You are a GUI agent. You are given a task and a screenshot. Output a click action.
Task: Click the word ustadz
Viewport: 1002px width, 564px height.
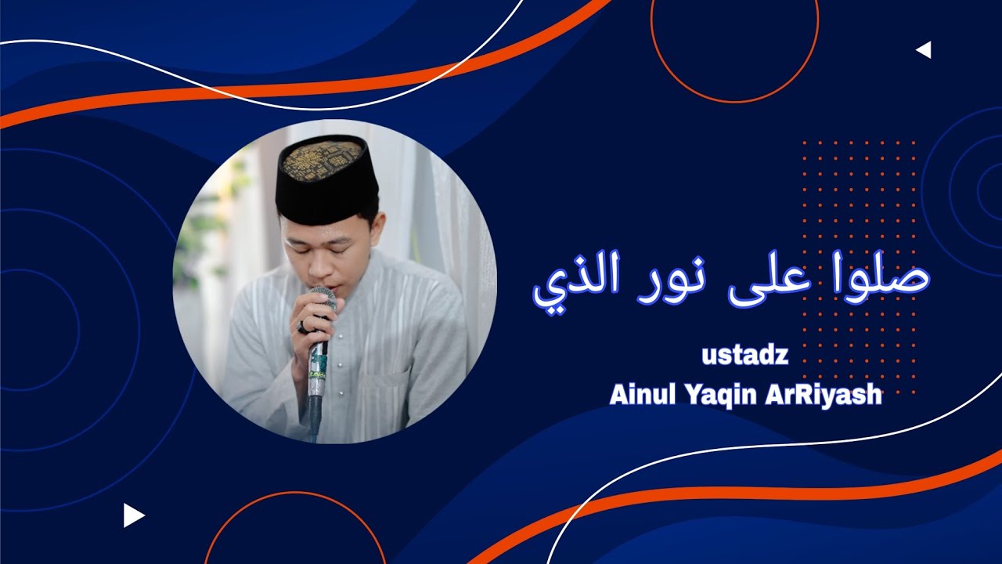tap(744, 357)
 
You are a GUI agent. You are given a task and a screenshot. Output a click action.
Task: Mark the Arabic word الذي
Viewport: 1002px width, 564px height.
tap(572, 284)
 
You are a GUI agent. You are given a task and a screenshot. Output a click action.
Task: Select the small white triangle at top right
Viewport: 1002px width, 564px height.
tap(924, 50)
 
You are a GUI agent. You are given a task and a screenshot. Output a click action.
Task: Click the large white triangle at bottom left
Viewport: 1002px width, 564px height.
tap(133, 515)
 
